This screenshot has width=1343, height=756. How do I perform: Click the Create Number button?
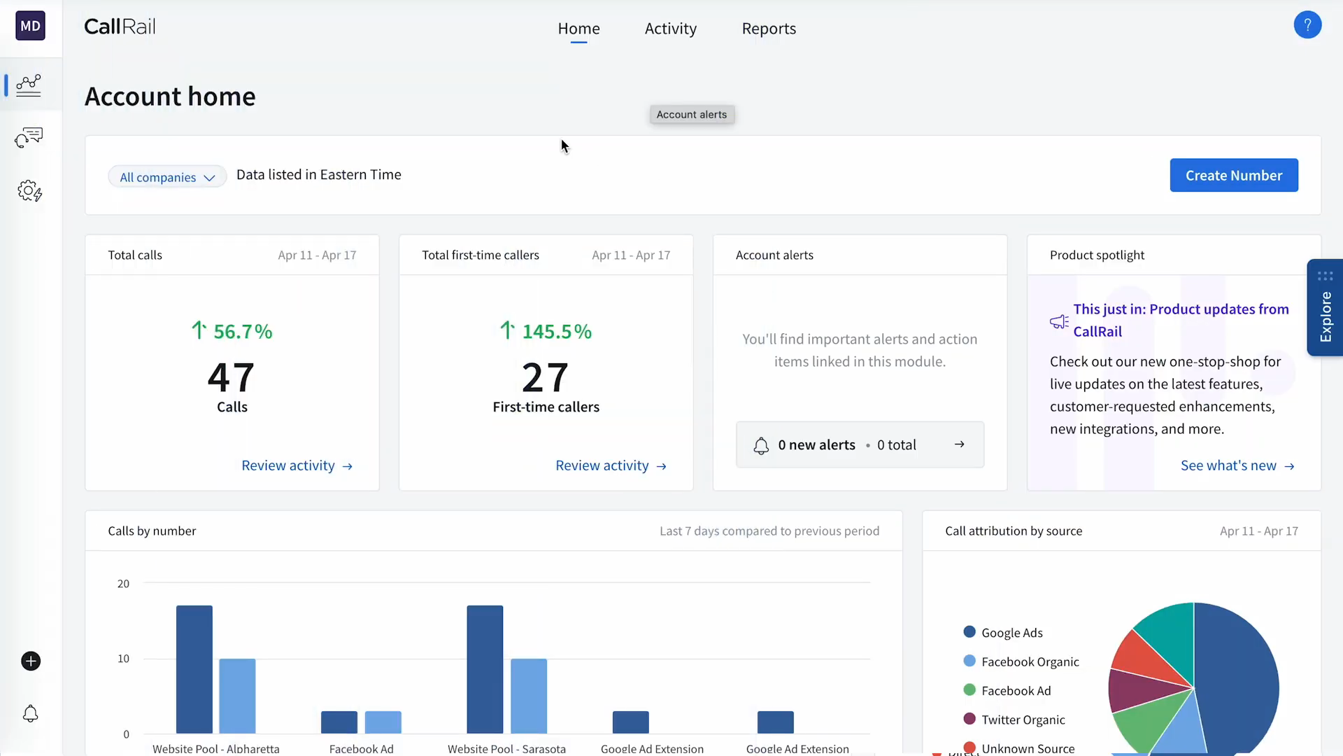pyautogui.click(x=1234, y=175)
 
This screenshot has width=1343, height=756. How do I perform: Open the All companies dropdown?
pyautogui.click(x=167, y=176)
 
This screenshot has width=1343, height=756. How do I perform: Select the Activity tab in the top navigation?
pyautogui.click(x=671, y=29)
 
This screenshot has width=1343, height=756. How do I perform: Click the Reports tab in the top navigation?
pyautogui.click(x=769, y=29)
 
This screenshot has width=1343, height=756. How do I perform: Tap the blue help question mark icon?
pyautogui.click(x=1307, y=25)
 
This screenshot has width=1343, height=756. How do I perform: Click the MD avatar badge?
pyautogui.click(x=30, y=26)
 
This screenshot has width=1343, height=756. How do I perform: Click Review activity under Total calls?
pyautogui.click(x=297, y=465)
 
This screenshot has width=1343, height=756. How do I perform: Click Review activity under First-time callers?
pyautogui.click(x=611, y=465)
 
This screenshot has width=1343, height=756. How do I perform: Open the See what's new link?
pyautogui.click(x=1237, y=465)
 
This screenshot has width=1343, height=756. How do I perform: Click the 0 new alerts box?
pyautogui.click(x=860, y=444)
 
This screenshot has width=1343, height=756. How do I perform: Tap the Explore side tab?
pyautogui.click(x=1325, y=307)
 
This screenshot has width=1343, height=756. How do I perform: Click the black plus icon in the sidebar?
pyautogui.click(x=31, y=661)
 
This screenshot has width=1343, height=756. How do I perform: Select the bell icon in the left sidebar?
pyautogui.click(x=31, y=713)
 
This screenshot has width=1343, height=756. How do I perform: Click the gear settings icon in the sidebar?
pyautogui.click(x=30, y=190)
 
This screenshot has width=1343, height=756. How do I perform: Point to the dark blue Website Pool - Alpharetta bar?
pyautogui.click(x=194, y=669)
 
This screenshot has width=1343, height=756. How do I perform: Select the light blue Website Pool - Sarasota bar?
pyautogui.click(x=529, y=696)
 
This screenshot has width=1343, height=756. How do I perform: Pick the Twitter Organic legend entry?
pyautogui.click(x=1014, y=720)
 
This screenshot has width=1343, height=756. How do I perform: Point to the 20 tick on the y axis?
pyautogui.click(x=123, y=584)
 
